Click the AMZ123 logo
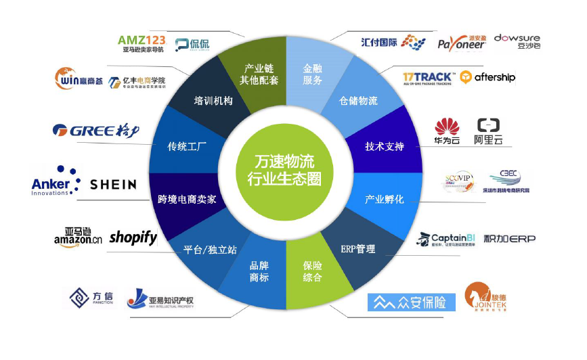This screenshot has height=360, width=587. coord(142,43)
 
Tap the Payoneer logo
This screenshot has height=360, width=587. coord(461,42)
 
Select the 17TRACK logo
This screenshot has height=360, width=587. coord(428,78)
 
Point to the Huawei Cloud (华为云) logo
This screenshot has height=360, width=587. coord(447,131)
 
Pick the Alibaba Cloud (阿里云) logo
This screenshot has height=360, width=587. coord(488,131)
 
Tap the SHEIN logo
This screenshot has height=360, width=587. coord(113,184)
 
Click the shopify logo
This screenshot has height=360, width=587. coord(133,238)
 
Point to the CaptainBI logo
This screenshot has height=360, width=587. coord(445,239)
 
